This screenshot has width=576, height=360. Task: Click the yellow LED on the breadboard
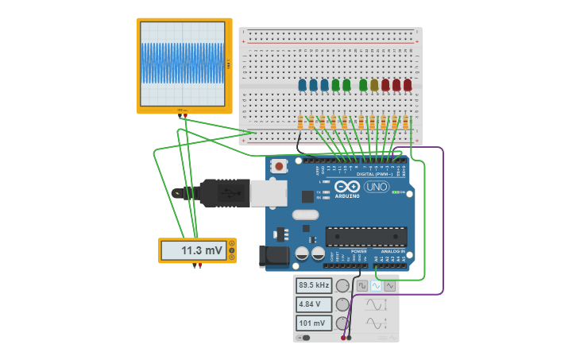pos(374,84)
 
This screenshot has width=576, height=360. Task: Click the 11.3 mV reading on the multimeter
pos(202,250)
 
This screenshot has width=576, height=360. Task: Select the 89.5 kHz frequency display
pos(314,285)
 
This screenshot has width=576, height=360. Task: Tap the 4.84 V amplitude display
pos(314,304)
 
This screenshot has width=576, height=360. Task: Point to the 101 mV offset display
pos(314,323)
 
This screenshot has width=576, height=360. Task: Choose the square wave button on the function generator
pos(362,285)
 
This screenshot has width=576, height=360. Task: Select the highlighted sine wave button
pos(377,285)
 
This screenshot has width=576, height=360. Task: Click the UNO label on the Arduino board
pos(376,188)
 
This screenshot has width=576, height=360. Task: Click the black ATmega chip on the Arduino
pos(366,236)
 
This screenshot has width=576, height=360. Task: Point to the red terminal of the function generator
pos(343,338)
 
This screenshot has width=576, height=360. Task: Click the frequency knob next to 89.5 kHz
pos(342,285)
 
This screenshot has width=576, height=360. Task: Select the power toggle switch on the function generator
pos(303,338)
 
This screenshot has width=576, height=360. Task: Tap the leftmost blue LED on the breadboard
pos(302,84)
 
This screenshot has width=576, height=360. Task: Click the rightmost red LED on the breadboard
pos(408,84)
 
